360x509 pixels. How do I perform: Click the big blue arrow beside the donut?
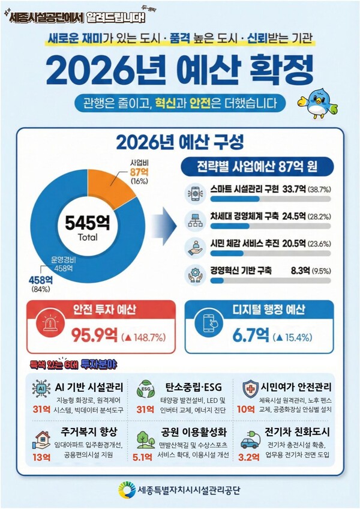(x=166, y=224)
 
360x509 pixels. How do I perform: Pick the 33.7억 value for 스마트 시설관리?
(x=293, y=189)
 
